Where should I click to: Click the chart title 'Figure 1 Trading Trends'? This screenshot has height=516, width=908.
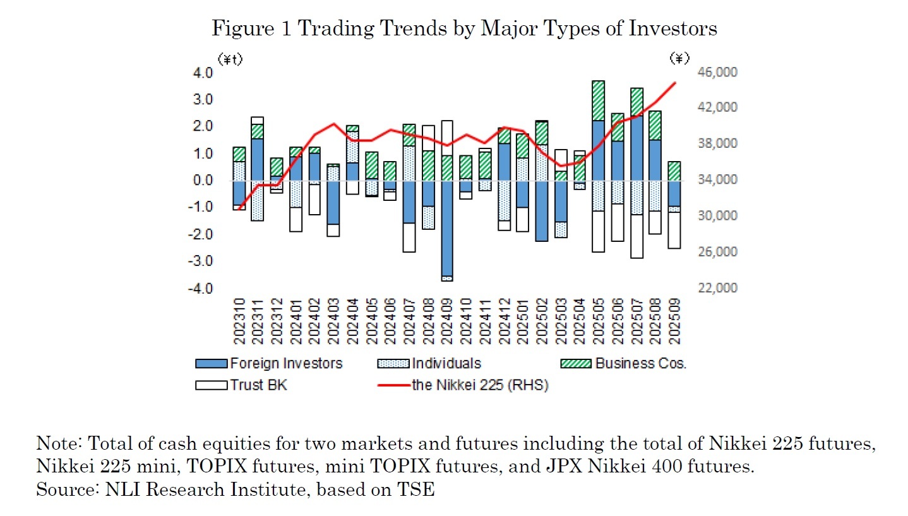coord(464,28)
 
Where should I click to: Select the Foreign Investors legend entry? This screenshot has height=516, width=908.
coord(285,363)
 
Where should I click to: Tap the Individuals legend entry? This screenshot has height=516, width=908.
coord(446,363)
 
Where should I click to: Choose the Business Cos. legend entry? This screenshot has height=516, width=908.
coord(640,363)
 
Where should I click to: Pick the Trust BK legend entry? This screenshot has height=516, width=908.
coord(258,385)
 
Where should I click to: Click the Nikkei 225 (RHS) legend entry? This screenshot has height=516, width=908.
coord(479,385)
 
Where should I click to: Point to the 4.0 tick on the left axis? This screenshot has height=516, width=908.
coord(203,73)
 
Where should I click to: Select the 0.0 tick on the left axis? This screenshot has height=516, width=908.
coord(203,181)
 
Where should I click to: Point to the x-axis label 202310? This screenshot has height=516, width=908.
coord(239,322)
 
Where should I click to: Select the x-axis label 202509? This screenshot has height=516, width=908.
coord(674,322)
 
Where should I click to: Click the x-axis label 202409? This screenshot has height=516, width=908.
coord(447,322)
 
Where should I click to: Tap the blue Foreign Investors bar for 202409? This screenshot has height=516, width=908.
coord(447,227)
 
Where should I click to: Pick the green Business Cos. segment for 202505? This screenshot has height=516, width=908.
coord(599,100)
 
